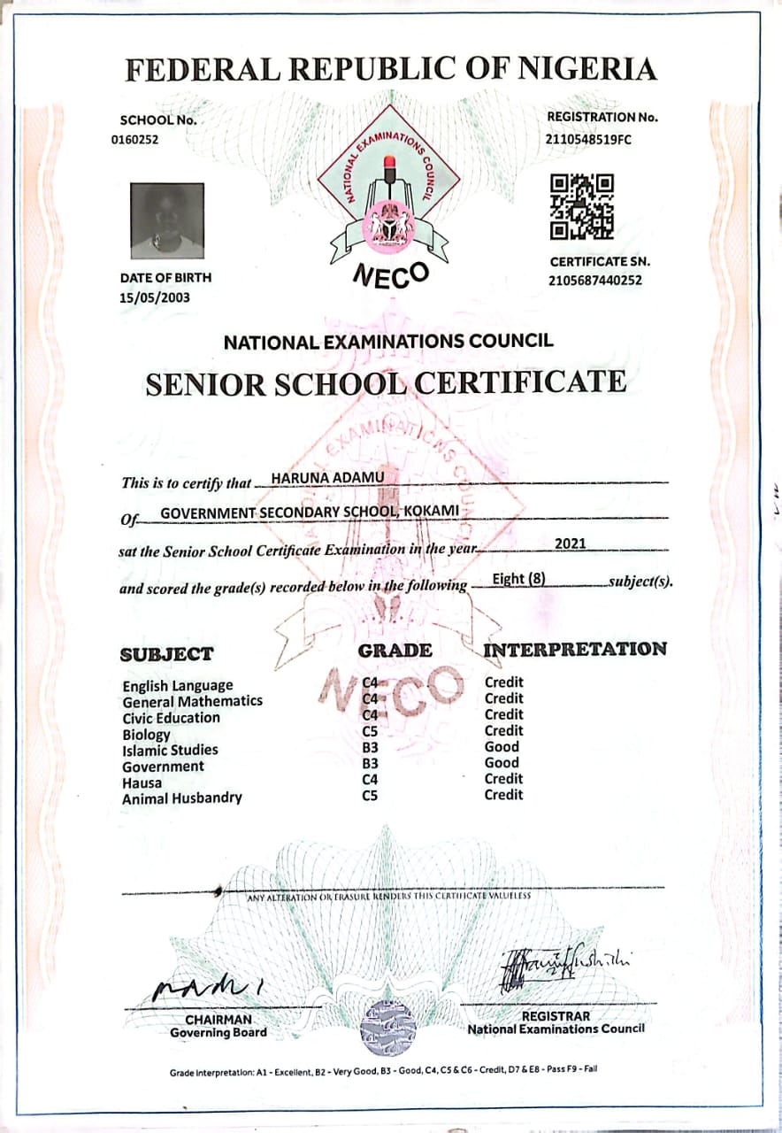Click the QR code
click(581, 207)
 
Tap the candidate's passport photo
click(167, 220)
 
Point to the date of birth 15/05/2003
click(155, 297)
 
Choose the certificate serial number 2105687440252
click(595, 281)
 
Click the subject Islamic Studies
click(170, 750)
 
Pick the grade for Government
click(371, 763)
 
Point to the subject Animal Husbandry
click(181, 798)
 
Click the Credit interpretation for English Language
click(503, 682)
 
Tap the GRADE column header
click(395, 651)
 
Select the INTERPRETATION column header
click(575, 649)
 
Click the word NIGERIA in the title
click(576, 69)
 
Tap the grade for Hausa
click(371, 779)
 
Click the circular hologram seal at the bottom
click(387, 1027)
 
